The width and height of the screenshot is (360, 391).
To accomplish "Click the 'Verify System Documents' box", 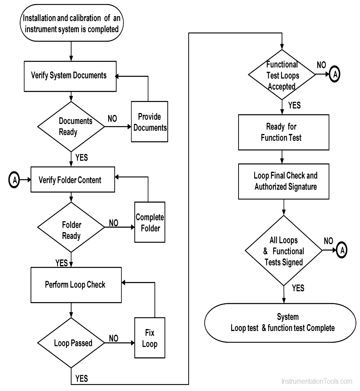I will (x=70, y=76).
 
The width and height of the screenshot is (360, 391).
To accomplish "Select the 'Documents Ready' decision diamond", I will (x=71, y=126).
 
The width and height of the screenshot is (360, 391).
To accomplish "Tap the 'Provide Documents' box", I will (x=150, y=122).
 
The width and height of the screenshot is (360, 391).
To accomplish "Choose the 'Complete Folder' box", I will (x=150, y=222).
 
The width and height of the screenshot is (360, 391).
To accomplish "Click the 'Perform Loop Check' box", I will (x=76, y=285).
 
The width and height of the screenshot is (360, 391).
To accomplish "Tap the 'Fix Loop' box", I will (x=150, y=338).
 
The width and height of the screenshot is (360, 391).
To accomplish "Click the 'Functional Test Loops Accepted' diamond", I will (x=282, y=75).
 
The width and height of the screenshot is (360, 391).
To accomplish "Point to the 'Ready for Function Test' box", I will (x=283, y=132).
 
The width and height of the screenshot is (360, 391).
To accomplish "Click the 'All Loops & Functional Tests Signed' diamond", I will (x=284, y=251).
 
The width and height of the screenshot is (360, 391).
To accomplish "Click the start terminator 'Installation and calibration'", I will (x=70, y=23).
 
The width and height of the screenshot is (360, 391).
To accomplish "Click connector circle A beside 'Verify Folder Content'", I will (x=14, y=180).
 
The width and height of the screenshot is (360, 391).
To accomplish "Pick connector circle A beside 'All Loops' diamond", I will (x=341, y=250).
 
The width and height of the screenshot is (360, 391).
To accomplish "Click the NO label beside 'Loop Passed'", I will (x=114, y=339).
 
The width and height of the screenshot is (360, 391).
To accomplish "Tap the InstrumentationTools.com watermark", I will (x=317, y=381).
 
